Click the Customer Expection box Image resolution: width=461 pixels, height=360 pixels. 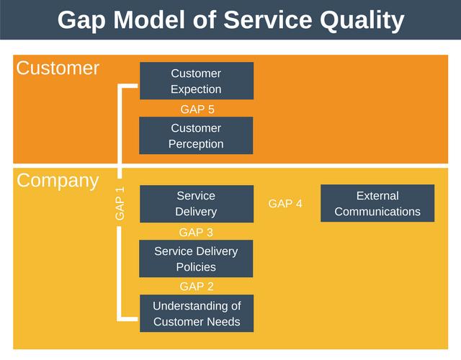196,81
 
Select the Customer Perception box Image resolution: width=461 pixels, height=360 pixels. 196,135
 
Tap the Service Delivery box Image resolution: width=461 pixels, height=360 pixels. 196,204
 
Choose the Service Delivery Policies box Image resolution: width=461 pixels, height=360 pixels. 196,258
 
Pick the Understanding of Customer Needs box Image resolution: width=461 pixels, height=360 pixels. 196,313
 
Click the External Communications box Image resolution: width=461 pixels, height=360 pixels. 377,204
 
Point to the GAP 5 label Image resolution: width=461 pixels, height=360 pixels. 197,109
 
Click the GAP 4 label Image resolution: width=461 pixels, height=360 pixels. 285,204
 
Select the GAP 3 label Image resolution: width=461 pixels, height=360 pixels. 196,233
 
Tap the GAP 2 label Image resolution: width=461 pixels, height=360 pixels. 196,287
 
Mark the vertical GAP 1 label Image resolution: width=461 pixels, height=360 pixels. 120,203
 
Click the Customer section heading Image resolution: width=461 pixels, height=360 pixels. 58,68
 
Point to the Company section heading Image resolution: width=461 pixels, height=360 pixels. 58,181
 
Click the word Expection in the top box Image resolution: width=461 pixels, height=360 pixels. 196,89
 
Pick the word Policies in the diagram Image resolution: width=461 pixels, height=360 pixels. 196,267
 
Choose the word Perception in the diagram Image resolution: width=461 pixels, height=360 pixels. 196,144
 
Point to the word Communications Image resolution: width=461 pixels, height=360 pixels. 377,212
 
